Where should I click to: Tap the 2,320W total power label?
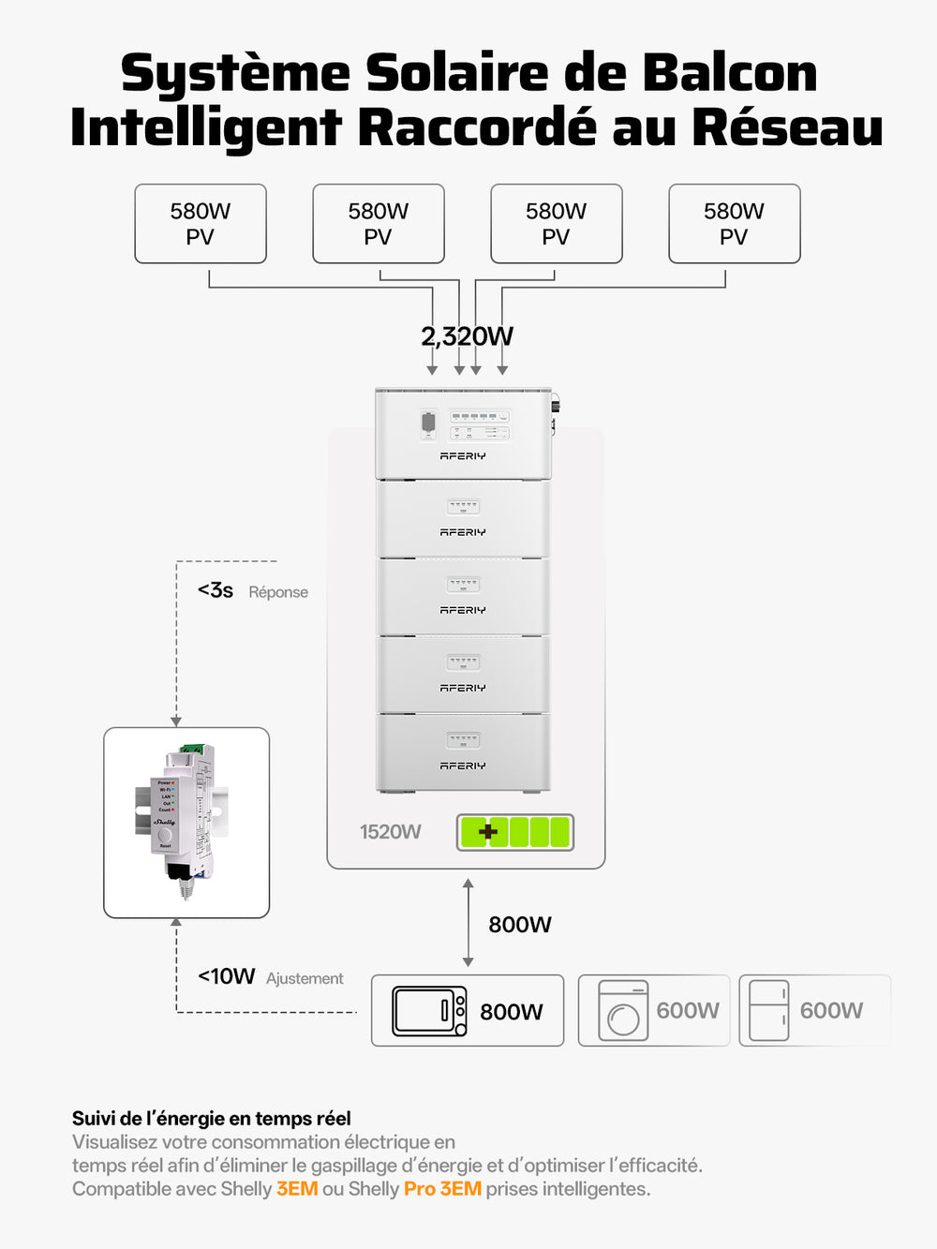point(467,336)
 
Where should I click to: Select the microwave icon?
point(429,1011)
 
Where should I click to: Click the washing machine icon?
point(623,1011)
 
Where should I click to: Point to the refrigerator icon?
point(769,1011)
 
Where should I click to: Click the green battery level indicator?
point(514,832)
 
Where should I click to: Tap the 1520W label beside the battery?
point(391,832)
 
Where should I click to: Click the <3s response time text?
point(216,590)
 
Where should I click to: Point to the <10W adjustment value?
point(227,976)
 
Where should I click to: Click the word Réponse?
point(278,592)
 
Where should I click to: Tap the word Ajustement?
point(305,978)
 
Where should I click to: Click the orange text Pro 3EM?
point(442,1189)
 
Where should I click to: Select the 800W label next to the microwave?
point(512,1012)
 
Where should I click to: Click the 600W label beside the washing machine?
point(688,1011)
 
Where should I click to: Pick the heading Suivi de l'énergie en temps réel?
point(212,1118)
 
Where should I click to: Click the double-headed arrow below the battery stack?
point(468,923)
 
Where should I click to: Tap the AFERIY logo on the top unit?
point(463,456)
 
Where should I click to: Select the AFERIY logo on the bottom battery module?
point(463,766)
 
